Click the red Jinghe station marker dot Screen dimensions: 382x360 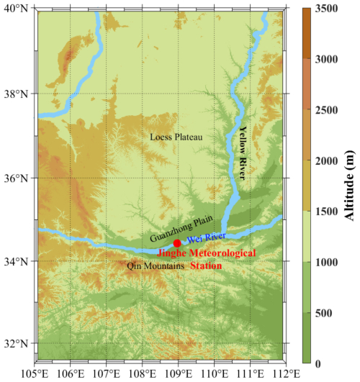[177, 243]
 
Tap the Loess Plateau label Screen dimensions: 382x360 [176, 137]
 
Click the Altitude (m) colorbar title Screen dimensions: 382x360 [350, 187]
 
